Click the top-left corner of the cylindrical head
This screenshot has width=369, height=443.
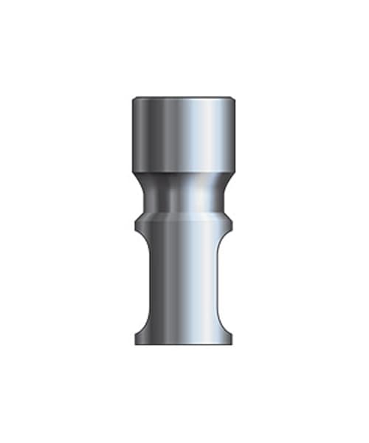[134, 99]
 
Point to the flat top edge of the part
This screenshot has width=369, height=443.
[184, 97]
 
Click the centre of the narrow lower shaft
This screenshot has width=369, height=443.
[184, 284]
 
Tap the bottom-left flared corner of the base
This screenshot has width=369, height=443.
[137, 343]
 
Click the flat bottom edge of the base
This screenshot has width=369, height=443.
[184, 345]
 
